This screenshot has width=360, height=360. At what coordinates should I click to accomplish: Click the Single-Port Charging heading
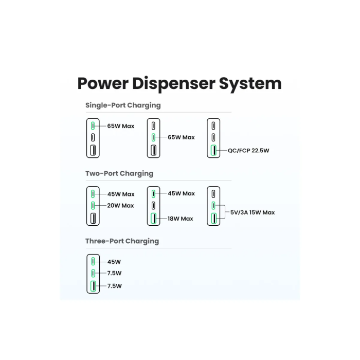coord(123,105)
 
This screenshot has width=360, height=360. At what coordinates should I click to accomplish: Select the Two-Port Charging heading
coord(119,173)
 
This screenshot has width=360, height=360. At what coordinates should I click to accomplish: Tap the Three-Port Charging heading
coord(122,241)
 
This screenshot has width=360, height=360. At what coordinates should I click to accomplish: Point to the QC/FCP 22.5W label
coord(248,151)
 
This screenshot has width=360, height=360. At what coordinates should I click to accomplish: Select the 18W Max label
coord(180,219)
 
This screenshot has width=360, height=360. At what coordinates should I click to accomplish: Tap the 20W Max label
coord(120,206)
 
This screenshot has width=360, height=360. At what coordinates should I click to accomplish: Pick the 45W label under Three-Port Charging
coord(114,261)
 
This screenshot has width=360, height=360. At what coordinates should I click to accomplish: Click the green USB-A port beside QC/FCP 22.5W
coord(213,151)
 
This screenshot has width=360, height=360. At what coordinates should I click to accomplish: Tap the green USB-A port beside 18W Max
coord(153,219)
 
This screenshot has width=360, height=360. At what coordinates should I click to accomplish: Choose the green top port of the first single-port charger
coord(93,125)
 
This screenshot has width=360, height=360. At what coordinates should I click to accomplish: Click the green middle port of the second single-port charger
coord(153,137)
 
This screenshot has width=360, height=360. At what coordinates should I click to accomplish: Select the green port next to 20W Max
coord(93,206)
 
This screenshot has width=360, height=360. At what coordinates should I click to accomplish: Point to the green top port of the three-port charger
coord(93,261)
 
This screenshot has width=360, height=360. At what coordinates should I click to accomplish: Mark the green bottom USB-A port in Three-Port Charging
coord(93,286)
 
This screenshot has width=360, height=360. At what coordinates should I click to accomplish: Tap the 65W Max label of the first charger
coord(120,125)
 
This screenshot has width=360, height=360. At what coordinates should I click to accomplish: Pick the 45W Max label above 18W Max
coord(181,193)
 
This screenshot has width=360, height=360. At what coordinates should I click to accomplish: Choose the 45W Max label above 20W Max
coord(120,194)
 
